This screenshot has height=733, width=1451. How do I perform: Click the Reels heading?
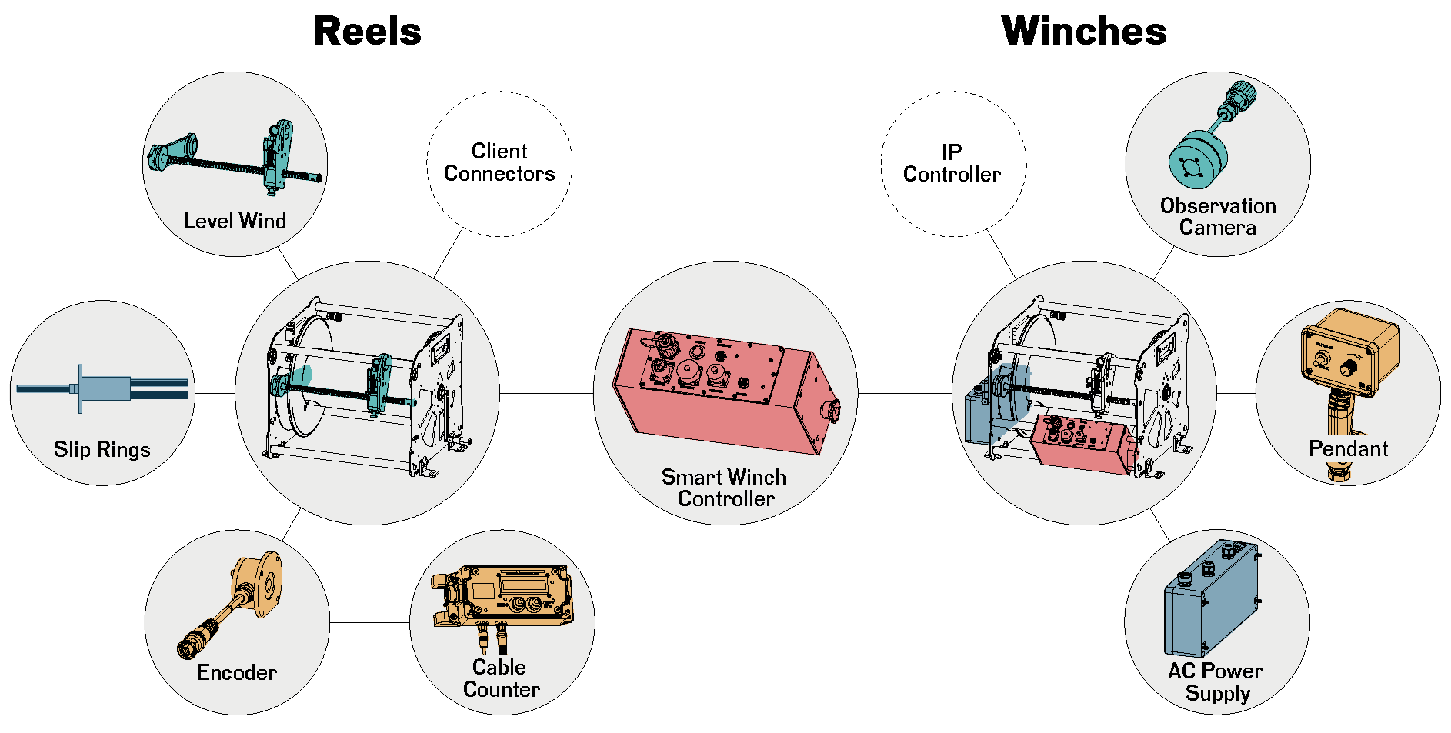367,32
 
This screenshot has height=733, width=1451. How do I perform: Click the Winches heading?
1083,32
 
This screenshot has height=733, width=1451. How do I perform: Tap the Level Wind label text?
235,222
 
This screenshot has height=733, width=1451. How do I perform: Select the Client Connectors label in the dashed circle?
499,162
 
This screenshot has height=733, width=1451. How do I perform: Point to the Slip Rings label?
102,449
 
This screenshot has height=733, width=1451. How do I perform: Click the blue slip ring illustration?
104,388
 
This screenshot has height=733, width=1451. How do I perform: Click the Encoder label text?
236,672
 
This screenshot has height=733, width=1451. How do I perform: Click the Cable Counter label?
501,678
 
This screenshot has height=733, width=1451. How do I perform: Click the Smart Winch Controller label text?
724,488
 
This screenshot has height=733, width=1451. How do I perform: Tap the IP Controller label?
952,163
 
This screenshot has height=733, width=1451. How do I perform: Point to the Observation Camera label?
1218,217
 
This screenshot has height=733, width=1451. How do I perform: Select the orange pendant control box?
1349,353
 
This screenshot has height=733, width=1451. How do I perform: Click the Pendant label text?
1348,448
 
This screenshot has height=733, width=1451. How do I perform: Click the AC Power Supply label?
1216,682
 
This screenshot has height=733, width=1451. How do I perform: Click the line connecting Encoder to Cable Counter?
369,622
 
